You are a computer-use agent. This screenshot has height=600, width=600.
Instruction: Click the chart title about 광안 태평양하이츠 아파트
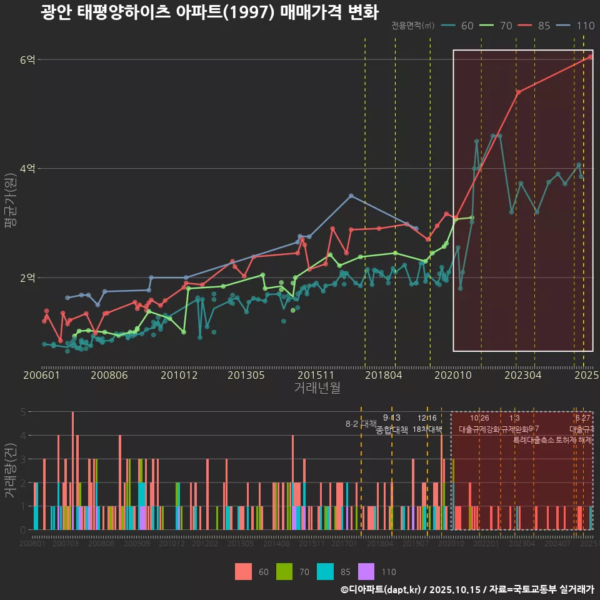pos(209,12)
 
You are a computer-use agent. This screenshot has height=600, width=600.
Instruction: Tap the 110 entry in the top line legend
pos(576,26)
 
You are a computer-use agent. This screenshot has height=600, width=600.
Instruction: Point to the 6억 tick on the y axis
pos(28,60)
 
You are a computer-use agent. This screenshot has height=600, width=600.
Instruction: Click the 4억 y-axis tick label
pos(28,169)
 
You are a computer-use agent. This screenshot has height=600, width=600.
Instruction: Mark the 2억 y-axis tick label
pos(28,277)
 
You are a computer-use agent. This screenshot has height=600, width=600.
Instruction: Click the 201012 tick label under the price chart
pos(179,376)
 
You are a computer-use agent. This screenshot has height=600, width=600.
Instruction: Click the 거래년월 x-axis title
pos(317,388)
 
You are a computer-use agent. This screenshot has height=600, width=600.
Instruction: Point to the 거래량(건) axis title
pos(10,470)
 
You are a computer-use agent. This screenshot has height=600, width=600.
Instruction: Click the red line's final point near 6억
pos(591,57)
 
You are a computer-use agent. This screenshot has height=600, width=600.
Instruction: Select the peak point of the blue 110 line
pos(351,196)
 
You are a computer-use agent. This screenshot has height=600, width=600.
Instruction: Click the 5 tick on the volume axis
pos(22,412)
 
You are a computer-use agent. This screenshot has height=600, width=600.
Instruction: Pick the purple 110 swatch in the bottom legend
pos(366,571)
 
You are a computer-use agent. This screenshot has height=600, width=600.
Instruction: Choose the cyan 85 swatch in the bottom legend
pos(326,571)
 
